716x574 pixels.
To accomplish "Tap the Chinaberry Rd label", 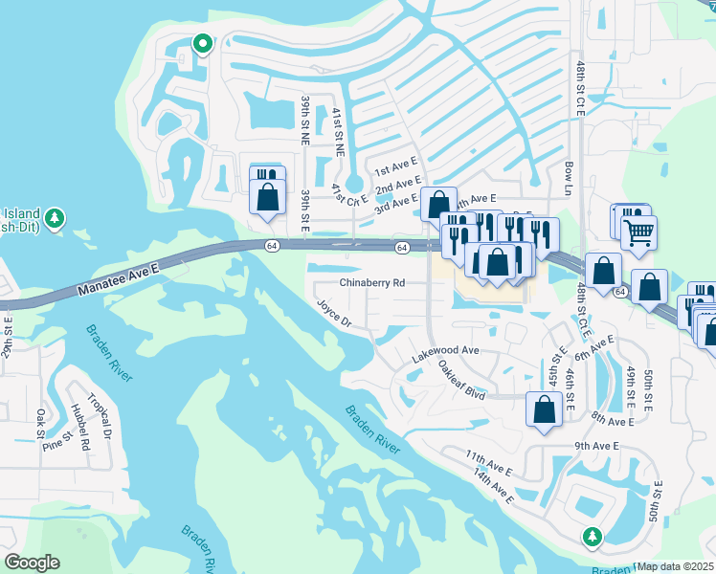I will pos(372,283).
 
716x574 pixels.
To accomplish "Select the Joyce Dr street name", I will pos(335,313).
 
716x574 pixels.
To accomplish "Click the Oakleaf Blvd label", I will pos(462,380).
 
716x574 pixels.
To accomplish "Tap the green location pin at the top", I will pos(202,43).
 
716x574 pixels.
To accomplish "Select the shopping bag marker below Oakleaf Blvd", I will pos(544,410).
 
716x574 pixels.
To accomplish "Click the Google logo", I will pos(32,563).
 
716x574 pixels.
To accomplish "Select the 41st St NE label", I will pos(338,125).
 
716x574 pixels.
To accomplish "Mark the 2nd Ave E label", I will pos(398,183).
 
